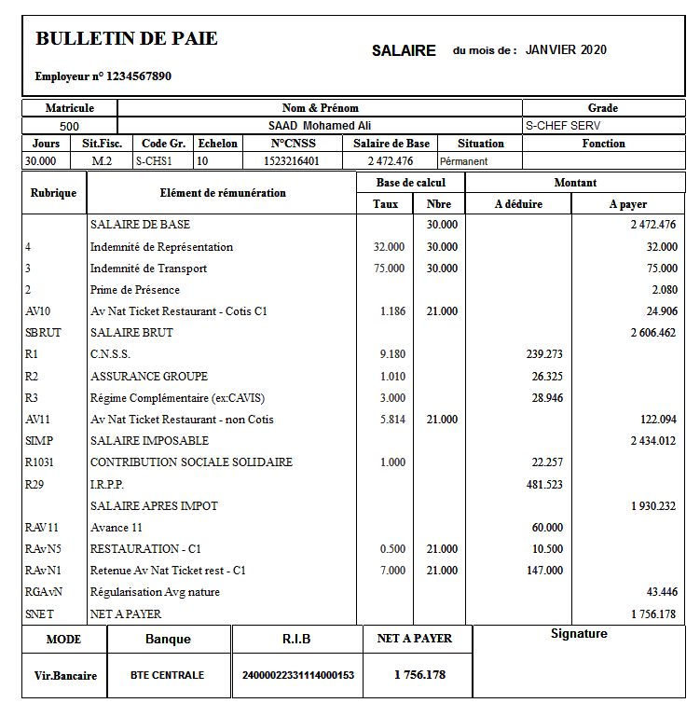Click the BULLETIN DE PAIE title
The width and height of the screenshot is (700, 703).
[126, 38]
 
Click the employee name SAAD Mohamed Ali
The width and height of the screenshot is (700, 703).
[320, 126]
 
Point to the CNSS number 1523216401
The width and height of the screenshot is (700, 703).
[292, 161]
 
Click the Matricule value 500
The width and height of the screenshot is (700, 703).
[69, 126]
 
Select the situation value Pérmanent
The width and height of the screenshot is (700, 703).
[464, 161]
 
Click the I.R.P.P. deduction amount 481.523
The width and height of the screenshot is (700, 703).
[545, 484]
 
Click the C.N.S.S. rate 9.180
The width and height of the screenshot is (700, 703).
[392, 354]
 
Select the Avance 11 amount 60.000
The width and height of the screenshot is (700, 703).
[547, 528]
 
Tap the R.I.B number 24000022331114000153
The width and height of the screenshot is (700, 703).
[297, 675]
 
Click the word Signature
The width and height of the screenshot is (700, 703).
[579, 634]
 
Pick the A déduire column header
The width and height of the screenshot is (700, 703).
[518, 204]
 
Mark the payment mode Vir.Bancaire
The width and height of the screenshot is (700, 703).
[65, 675]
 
